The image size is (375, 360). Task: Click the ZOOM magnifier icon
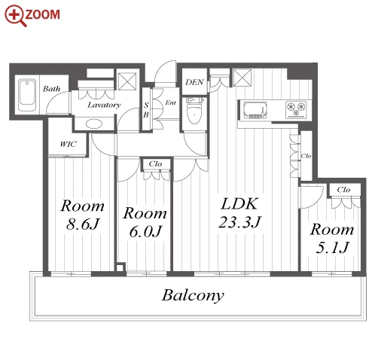pos(16,15)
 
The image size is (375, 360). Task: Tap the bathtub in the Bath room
pos(27,95)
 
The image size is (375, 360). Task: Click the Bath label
pos(51,89)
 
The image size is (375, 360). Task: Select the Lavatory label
pos(104,105)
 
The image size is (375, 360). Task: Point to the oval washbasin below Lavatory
pos(94,124)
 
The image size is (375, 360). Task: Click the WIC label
pos(69,144)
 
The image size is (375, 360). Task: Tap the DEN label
pos(194,82)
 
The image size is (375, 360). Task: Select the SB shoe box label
pos(146,110)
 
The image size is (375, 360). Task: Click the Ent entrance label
pos(171,102)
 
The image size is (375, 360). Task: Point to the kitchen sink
pos(255,110)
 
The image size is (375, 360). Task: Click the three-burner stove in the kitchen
pos(296,109)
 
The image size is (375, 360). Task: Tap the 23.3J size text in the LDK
pos(240,222)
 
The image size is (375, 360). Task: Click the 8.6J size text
pos(83,224)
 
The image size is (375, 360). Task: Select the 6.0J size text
pos(145,231)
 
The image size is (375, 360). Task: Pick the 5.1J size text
pos(332,247)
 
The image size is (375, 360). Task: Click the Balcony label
pos(193,295)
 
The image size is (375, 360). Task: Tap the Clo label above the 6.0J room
pos(155,164)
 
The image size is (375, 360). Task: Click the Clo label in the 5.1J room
pos(343,190)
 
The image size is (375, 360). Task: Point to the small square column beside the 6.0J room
pos(120,267)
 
